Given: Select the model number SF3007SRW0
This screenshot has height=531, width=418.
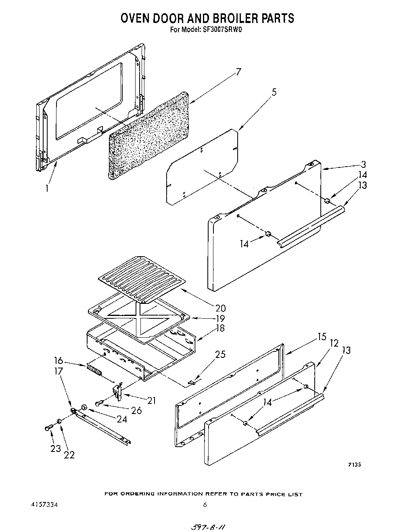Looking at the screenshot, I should click(221, 29).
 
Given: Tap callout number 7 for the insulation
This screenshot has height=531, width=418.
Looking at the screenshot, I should click(238, 72).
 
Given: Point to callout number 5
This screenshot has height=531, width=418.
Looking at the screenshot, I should click(274, 92).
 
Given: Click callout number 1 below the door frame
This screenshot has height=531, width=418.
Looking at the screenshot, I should click(47, 188).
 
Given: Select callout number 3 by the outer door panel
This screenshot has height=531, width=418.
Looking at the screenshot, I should click(364, 164).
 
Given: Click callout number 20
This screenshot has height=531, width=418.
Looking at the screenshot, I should click(220, 308).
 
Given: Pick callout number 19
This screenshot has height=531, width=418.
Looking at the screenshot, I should click(220, 319).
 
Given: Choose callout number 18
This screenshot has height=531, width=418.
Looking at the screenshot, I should click(220, 328).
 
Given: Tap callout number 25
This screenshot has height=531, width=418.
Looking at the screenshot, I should click(220, 355).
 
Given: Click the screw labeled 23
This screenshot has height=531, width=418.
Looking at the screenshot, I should click(48, 428).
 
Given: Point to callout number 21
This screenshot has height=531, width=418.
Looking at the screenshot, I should click(151, 401).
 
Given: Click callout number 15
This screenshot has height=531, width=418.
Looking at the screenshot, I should click(322, 337).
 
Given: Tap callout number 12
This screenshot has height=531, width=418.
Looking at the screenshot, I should click(334, 343).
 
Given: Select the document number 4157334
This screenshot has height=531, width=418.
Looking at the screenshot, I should click(44, 504).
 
